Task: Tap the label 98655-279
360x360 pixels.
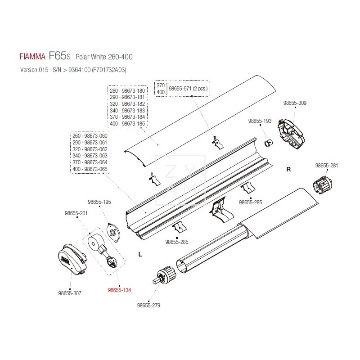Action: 148,305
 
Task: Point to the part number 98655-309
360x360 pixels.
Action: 295,103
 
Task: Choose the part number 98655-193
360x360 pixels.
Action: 261,121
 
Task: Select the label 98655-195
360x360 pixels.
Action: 99,202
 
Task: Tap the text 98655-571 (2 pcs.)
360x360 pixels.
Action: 189,89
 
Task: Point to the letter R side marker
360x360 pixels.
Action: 289,170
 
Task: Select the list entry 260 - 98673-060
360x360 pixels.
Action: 90,135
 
